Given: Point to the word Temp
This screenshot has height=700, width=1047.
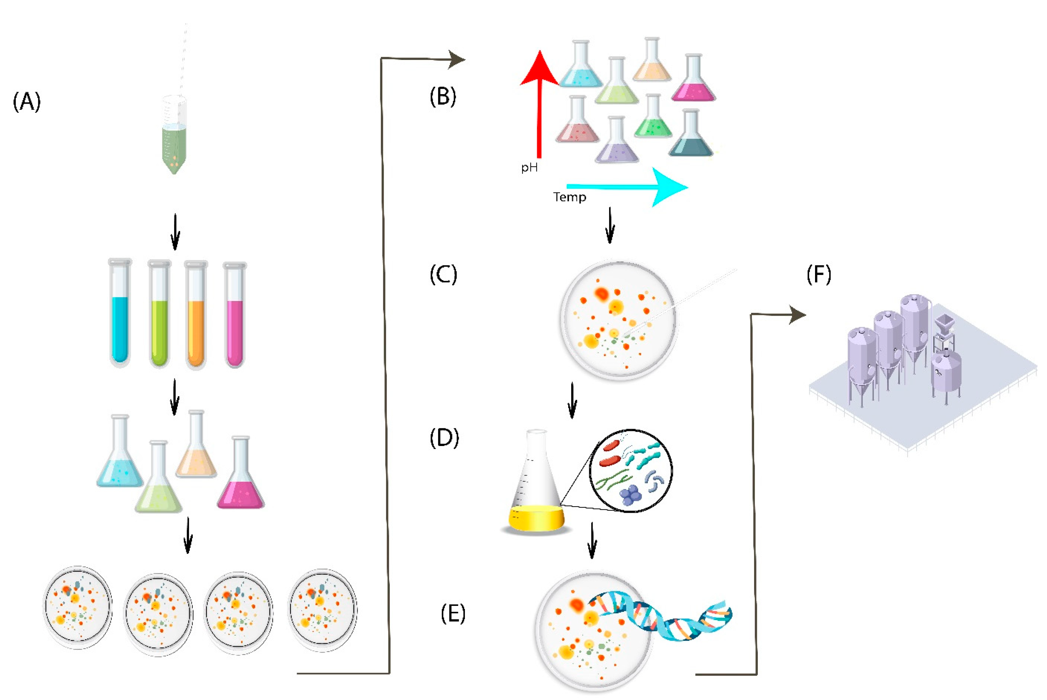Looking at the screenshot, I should point(570,197).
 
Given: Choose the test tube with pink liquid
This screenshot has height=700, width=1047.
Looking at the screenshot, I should point(235,315).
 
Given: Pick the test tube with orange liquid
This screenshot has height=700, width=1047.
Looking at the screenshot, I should point(196,315).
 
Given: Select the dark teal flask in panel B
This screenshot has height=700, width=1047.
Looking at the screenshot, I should point(691,136).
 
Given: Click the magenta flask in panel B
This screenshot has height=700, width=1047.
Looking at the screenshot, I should point(693,80).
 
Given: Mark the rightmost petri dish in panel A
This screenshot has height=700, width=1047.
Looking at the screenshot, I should point(322,610).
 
